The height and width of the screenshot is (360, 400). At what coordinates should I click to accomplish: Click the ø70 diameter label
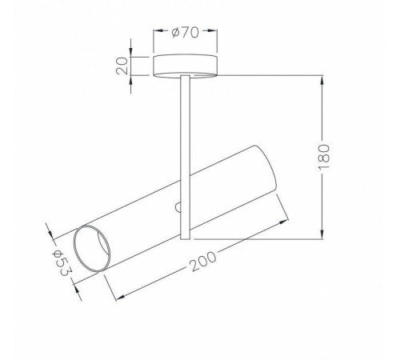(x=186, y=32)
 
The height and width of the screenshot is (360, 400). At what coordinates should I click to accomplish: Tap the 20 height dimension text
(x=122, y=66)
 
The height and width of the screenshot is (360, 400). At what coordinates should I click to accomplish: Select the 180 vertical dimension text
(x=324, y=157)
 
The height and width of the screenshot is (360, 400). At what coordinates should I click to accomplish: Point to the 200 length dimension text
(x=202, y=262)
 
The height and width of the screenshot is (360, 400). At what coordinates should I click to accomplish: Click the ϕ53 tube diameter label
(x=62, y=263)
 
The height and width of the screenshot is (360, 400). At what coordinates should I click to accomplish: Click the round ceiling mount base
(x=185, y=66)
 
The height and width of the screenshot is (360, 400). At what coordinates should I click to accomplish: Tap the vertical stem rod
(x=185, y=157)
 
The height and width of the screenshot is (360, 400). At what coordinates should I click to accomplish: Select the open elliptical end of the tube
(x=92, y=249)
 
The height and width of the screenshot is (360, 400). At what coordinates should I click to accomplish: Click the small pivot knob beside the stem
(x=178, y=207)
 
